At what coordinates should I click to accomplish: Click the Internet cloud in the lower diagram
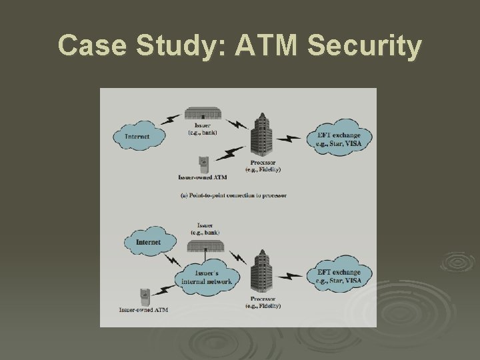[148, 241]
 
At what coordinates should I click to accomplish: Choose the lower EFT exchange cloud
[338, 276]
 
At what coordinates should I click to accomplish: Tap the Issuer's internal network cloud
[207, 276]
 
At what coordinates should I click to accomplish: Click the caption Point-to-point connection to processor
[233, 195]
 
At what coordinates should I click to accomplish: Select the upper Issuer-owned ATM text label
[203, 178]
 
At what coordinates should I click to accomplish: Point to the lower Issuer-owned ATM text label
[143, 310]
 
